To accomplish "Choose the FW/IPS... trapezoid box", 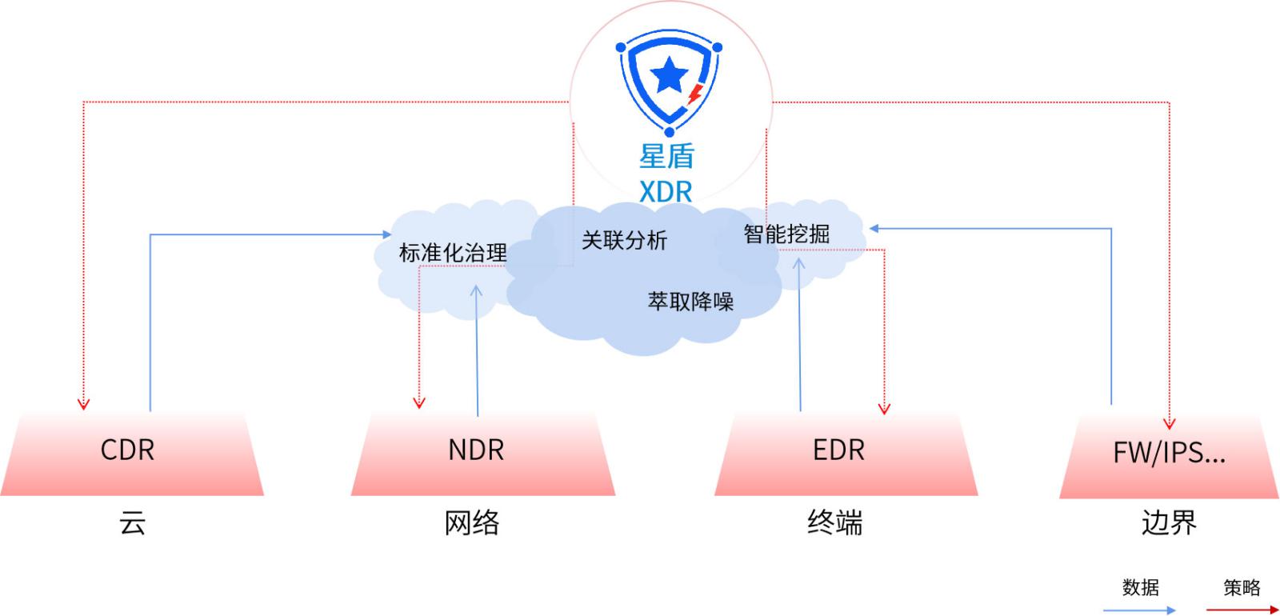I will (x=1170, y=454).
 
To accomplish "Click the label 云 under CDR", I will (x=133, y=524).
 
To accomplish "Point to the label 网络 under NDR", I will (x=472, y=524).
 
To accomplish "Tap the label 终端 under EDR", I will (x=835, y=524).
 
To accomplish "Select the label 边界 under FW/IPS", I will (x=1169, y=524).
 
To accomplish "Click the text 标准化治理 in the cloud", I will (x=453, y=254).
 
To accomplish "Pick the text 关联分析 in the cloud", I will (x=624, y=240).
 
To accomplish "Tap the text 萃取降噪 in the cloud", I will (x=690, y=302).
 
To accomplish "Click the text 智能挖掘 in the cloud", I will (x=786, y=234).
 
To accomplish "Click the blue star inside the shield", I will (x=669, y=77).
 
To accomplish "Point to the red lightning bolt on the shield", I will (x=695, y=94).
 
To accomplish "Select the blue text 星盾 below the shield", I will (x=666, y=156).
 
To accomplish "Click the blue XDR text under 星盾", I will (x=666, y=192).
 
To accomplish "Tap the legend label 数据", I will (x=1140, y=588).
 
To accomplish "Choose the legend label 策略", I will (x=1242, y=588).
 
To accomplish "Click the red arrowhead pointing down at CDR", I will (x=83, y=404).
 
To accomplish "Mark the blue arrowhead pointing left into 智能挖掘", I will (x=874, y=229).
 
